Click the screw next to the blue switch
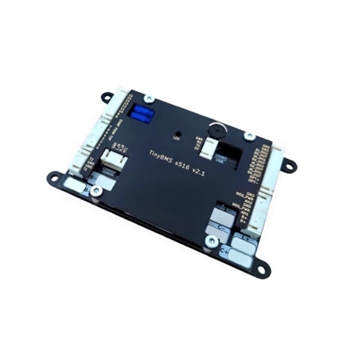tap(148, 98)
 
